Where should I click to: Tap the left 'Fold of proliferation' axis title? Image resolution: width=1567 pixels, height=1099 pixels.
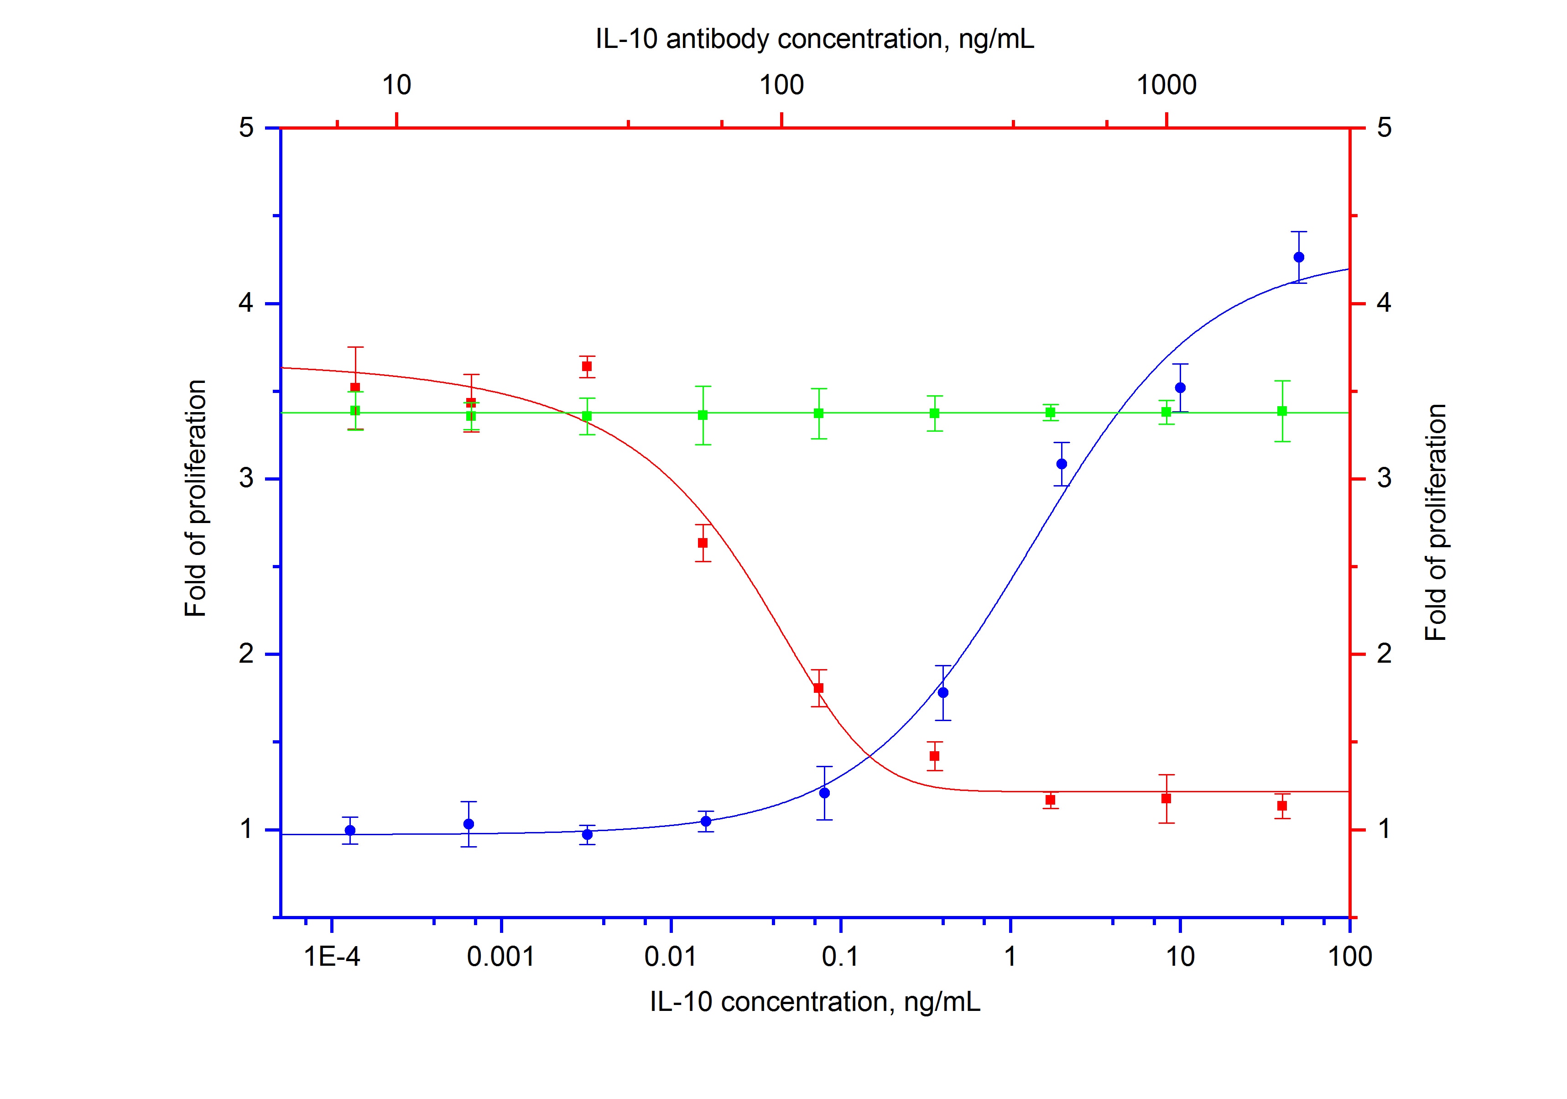click(x=195, y=498)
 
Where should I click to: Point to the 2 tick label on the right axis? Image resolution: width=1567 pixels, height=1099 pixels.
click(x=1384, y=654)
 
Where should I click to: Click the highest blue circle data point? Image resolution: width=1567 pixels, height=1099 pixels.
click(x=1299, y=257)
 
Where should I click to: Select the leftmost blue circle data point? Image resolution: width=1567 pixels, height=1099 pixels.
click(x=350, y=830)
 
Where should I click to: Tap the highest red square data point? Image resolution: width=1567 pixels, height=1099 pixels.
click(x=587, y=366)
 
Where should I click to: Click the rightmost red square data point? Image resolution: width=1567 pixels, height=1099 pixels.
click(x=1282, y=806)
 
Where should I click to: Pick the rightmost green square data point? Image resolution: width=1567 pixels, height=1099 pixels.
click(x=1282, y=411)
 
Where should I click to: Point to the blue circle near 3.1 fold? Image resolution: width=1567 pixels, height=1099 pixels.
click(x=1061, y=464)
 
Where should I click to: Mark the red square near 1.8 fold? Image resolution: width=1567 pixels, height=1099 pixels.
click(x=819, y=687)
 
